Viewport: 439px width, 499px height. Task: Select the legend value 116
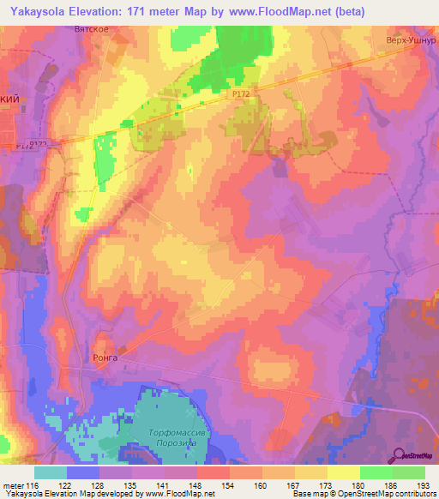(x=33, y=484)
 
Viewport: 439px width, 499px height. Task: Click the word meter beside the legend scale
(x=12, y=484)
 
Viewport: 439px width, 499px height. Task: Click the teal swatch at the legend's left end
(x=51, y=472)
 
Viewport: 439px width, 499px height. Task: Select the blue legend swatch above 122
(x=83, y=472)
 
